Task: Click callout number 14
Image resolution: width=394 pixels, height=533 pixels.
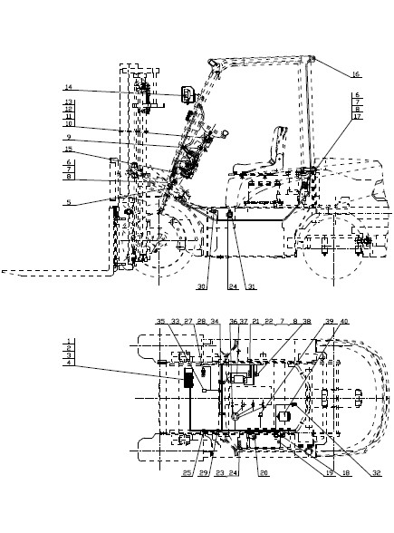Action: tap(68, 88)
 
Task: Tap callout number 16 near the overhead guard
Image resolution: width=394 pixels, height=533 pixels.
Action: tap(356, 74)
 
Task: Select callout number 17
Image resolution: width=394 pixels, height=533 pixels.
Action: tap(358, 117)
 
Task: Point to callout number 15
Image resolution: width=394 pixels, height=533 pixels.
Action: tap(68, 149)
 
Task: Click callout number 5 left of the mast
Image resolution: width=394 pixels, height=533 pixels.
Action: tap(67, 204)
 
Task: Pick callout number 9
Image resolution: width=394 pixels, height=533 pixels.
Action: tap(68, 138)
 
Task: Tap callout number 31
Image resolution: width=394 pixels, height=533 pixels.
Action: tap(251, 287)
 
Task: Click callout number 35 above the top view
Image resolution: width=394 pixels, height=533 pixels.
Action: tap(160, 321)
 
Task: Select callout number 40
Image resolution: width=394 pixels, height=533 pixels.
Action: tap(344, 321)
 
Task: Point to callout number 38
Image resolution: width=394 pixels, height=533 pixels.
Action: tap(306, 321)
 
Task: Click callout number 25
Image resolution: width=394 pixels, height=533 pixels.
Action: tap(187, 472)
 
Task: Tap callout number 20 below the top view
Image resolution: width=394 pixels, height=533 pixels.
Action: tap(264, 472)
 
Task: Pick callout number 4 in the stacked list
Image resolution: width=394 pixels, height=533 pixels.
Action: tap(68, 364)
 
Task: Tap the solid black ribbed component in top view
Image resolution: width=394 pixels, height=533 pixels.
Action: tap(188, 378)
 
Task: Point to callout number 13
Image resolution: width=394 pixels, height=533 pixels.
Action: tap(68, 102)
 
